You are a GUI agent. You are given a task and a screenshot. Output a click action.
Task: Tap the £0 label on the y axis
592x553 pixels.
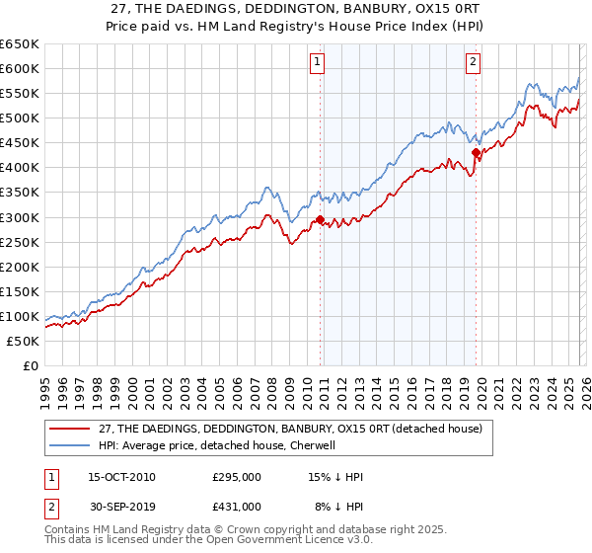pos(30,365)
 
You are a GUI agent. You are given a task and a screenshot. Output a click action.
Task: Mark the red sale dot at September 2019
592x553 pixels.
pos(476,152)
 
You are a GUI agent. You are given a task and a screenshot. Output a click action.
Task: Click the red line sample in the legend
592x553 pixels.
pos(70,429)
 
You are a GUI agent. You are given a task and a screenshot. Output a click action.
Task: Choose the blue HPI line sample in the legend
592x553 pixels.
pos(70,445)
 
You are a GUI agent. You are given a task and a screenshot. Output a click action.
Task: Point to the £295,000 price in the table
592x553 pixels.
pos(237,477)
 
